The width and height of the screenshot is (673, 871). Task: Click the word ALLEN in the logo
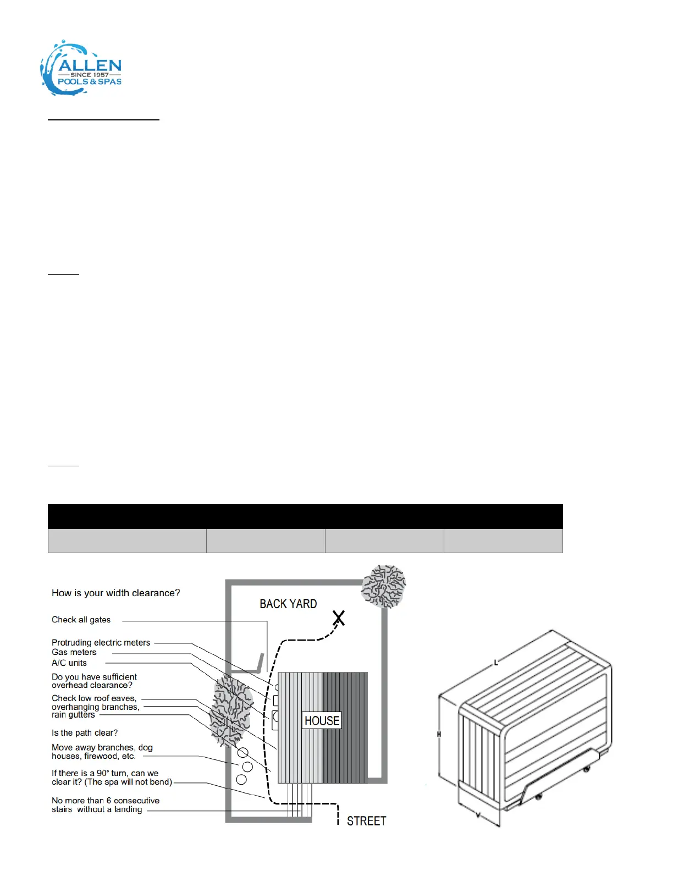(90, 65)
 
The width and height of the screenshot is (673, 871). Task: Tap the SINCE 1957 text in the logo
(90, 75)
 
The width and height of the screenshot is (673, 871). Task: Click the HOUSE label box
(322, 720)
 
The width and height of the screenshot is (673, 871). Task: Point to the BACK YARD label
(288, 604)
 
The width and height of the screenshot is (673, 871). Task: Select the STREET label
(366, 821)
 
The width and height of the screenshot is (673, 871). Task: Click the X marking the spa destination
(339, 618)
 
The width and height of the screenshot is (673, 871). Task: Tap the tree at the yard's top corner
(384, 586)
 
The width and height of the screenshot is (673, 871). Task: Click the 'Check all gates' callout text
(81, 620)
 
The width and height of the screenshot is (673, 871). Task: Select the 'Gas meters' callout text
(74, 652)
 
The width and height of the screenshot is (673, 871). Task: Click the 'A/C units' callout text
(69, 663)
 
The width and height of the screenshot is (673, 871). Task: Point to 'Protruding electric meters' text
(101, 642)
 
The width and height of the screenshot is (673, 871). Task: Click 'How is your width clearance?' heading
(115, 593)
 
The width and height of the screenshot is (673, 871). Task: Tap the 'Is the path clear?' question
(85, 733)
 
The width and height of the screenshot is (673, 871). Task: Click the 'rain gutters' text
(73, 715)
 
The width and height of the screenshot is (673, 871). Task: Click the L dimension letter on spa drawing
(496, 663)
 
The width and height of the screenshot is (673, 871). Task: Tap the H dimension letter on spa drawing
(439, 734)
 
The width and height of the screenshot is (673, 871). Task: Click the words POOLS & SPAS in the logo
(90, 82)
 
